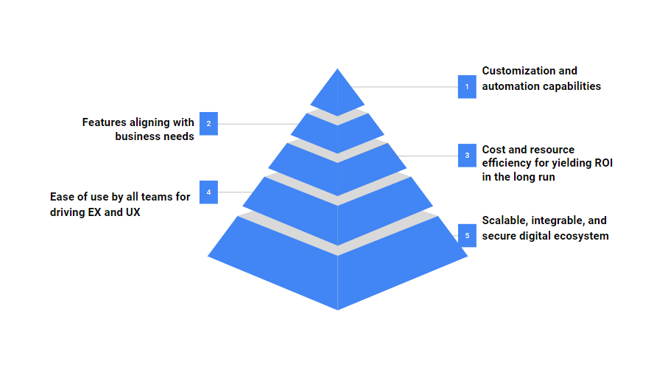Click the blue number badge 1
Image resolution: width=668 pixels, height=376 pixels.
pyautogui.click(x=466, y=87)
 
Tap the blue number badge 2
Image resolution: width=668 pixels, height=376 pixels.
pyautogui.click(x=208, y=123)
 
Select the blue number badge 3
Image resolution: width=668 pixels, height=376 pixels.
pyautogui.click(x=466, y=156)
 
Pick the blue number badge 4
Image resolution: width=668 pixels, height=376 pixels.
pyautogui.click(x=208, y=192)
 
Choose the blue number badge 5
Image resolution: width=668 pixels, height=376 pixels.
pyautogui.click(x=466, y=235)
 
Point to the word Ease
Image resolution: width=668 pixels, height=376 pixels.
pyautogui.click(x=62, y=197)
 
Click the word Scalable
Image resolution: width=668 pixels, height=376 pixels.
pyautogui.click(x=504, y=220)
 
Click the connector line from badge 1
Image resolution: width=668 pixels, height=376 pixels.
pyautogui.click(x=405, y=87)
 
